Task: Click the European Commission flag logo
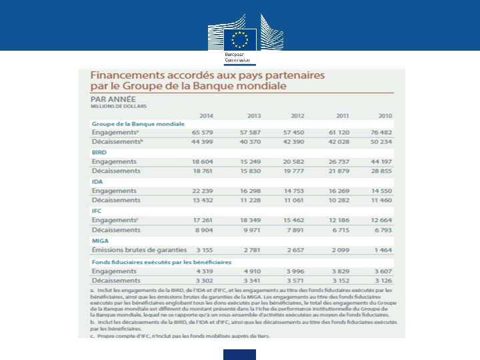[x=240, y=38]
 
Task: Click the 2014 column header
[x=206, y=115]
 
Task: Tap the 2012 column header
[x=297, y=115]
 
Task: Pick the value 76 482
[x=381, y=133]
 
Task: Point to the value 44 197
[x=381, y=162]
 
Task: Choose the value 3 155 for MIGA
[x=203, y=250]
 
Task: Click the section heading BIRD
[x=99, y=153]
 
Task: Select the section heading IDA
[x=97, y=182]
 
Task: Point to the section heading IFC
[x=97, y=211]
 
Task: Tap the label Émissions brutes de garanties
[x=139, y=250]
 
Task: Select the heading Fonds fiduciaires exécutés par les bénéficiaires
[x=161, y=262]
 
